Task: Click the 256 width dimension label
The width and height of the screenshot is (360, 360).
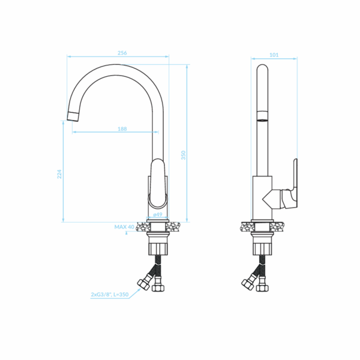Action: (x=122, y=53)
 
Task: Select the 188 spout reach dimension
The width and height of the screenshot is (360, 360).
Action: (x=122, y=129)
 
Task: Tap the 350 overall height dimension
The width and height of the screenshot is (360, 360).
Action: (x=183, y=155)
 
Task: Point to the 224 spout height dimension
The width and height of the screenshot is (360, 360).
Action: (x=59, y=174)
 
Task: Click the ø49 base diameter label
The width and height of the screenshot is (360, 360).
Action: (x=158, y=214)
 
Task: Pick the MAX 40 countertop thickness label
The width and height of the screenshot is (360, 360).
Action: (x=124, y=227)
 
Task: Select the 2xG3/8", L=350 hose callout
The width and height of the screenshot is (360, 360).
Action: (x=110, y=295)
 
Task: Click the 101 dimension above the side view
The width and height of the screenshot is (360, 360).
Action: (x=274, y=55)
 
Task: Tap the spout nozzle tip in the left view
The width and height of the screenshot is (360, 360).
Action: (x=73, y=116)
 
